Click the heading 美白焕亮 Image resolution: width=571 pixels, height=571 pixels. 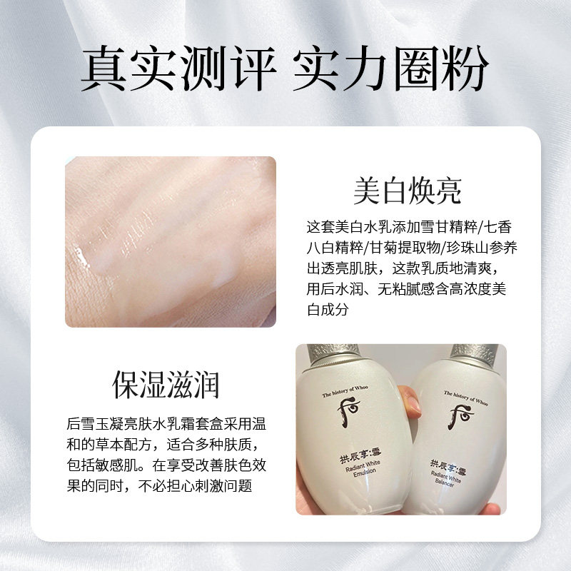(408, 191)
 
